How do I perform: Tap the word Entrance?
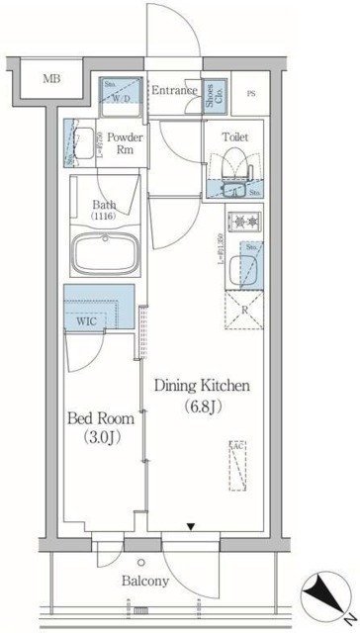175,91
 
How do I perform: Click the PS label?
250,94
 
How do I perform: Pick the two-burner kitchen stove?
243,222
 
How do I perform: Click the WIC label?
85,320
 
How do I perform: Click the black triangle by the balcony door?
193,528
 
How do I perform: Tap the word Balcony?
145,582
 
